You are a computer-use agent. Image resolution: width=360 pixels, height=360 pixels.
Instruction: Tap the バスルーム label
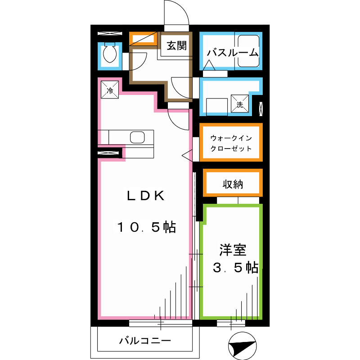233,53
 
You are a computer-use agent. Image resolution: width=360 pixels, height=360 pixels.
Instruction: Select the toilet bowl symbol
109,55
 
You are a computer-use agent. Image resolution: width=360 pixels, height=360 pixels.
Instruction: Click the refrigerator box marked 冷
110,89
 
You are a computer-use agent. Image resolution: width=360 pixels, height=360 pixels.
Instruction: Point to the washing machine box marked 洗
239,103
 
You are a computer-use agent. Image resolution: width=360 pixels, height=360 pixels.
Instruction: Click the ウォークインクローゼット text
231,143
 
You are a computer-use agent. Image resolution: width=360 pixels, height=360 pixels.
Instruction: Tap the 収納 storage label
233,184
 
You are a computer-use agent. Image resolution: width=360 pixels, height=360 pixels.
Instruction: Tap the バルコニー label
145,341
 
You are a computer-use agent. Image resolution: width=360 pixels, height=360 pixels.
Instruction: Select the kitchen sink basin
137,137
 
